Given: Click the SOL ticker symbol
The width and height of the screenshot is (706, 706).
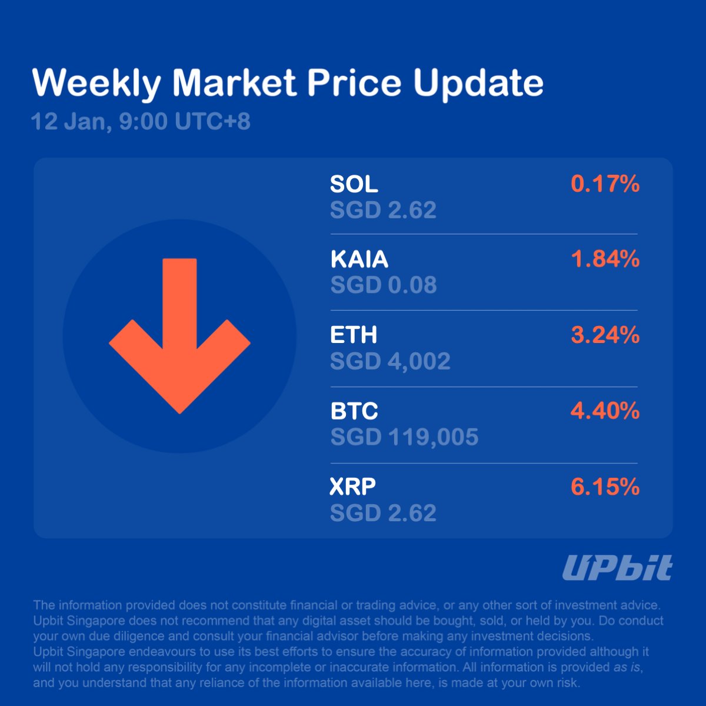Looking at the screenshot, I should (354, 184).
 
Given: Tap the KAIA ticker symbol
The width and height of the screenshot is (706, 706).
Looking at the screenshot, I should (359, 259).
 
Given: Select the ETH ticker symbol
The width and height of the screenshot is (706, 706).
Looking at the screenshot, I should (353, 335).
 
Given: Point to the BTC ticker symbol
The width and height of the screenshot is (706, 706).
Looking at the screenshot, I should (354, 411).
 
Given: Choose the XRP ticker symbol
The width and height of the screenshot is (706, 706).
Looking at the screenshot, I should (352, 487).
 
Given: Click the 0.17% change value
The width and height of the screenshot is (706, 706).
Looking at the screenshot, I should (605, 184).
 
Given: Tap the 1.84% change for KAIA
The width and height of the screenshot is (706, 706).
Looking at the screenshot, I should (605, 259).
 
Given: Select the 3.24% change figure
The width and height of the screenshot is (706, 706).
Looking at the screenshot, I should (605, 335).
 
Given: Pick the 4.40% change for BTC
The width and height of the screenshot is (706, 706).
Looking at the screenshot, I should (605, 411).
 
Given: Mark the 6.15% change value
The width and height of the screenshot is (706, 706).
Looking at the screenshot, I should (605, 487).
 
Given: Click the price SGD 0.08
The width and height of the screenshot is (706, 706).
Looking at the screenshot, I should (383, 285).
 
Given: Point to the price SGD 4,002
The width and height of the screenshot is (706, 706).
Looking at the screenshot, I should (390, 361).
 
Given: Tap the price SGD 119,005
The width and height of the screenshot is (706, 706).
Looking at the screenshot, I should (404, 437).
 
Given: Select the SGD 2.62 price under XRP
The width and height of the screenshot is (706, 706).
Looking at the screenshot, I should (383, 513).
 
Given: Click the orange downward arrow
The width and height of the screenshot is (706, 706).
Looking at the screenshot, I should (179, 336).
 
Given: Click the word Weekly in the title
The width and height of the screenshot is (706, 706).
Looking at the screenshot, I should (96, 83).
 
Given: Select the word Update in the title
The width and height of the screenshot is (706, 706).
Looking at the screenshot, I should (478, 83).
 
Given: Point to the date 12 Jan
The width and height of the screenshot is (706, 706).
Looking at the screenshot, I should (68, 122).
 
